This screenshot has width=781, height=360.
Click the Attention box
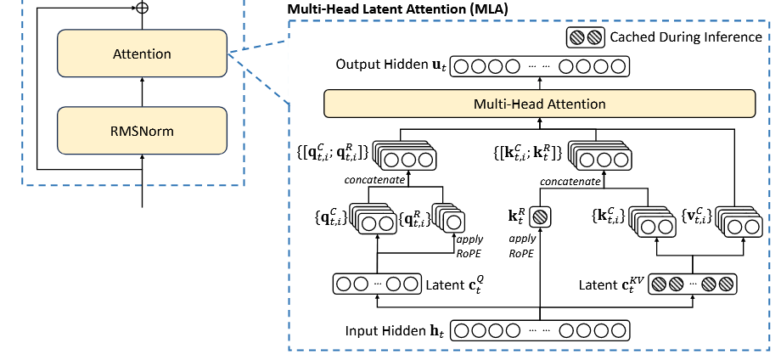tap(142, 54)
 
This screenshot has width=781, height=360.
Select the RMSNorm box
tap(142, 131)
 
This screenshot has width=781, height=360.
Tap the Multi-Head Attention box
tap(539, 104)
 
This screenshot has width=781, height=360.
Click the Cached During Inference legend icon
tap(585, 37)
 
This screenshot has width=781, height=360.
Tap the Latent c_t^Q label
tap(458, 282)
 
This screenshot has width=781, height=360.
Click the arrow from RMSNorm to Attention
tap(142, 90)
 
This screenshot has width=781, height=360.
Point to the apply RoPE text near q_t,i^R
tap(471, 245)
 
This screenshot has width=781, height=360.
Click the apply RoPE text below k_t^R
tap(522, 245)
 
